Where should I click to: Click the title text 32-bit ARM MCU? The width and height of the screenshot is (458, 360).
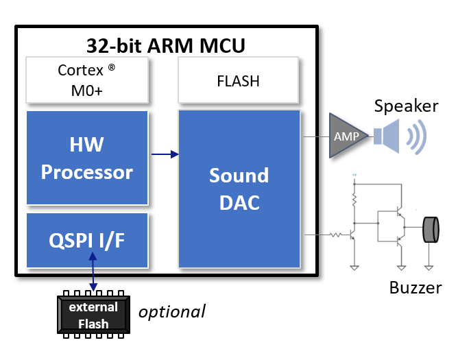click(165, 45)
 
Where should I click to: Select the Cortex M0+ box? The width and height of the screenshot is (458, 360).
click(86, 80)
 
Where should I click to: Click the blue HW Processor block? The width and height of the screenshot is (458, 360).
click(86, 158)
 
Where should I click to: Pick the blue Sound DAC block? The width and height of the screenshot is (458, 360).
click(239, 189)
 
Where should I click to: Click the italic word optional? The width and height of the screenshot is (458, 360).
click(171, 311)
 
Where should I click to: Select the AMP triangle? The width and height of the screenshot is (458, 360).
click(346, 135)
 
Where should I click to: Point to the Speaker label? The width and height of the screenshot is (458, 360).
click(406, 106)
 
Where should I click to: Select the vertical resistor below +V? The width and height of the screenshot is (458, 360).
click(354, 199)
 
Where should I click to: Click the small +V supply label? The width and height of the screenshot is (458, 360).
click(354, 176)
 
